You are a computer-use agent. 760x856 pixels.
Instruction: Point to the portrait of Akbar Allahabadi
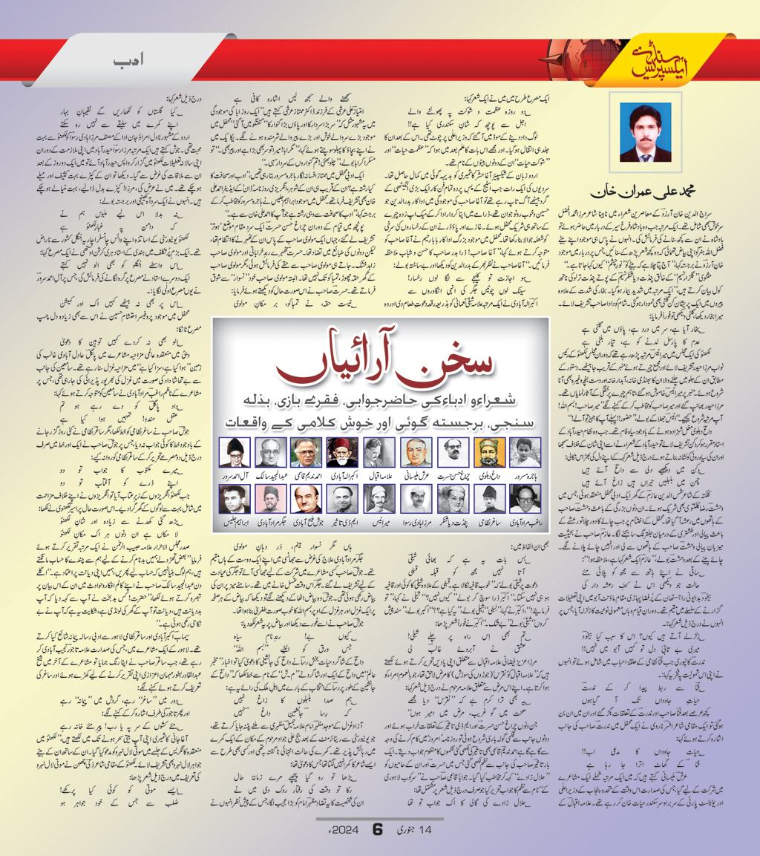point(343,452)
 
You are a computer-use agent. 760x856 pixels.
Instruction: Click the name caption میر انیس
point(379,523)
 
